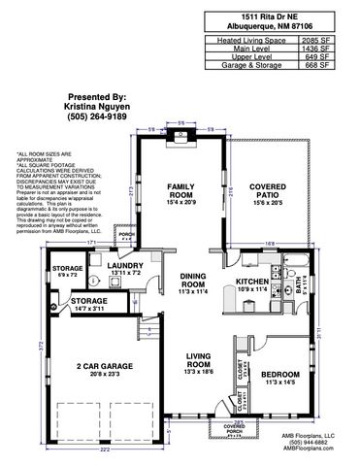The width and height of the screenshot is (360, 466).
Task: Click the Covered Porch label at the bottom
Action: click(x=234, y=428)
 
